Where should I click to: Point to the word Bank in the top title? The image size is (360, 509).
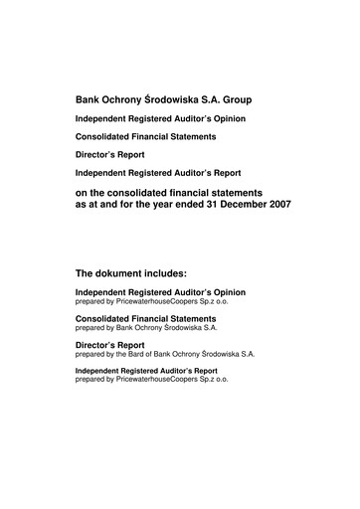[89, 101]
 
